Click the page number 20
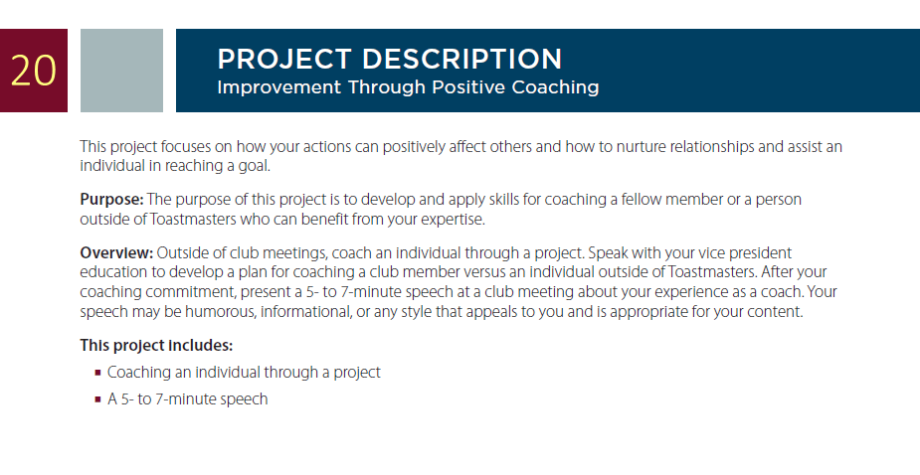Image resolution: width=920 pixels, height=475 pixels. [34, 71]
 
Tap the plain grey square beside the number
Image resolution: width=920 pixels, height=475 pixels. [121, 71]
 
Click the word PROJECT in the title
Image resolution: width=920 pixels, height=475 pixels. [284, 60]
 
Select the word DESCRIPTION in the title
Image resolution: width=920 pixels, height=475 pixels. [461, 60]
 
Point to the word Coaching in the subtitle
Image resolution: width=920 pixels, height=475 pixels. [555, 87]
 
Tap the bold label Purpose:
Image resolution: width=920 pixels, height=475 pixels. [111, 200]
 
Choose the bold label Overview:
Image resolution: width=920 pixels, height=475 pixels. [116, 253]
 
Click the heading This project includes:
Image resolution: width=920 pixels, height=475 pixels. [156, 346]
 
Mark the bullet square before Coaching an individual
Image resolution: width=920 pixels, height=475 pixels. [98, 373]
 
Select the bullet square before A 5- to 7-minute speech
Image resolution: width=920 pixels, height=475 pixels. [98, 399]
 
